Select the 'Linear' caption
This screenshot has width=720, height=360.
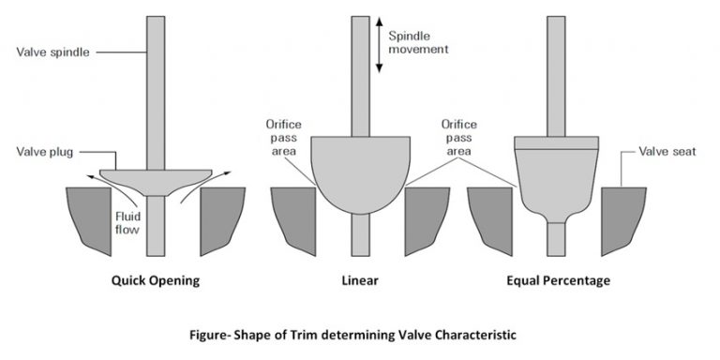360,279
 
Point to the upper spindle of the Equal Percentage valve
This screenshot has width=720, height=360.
557,75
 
